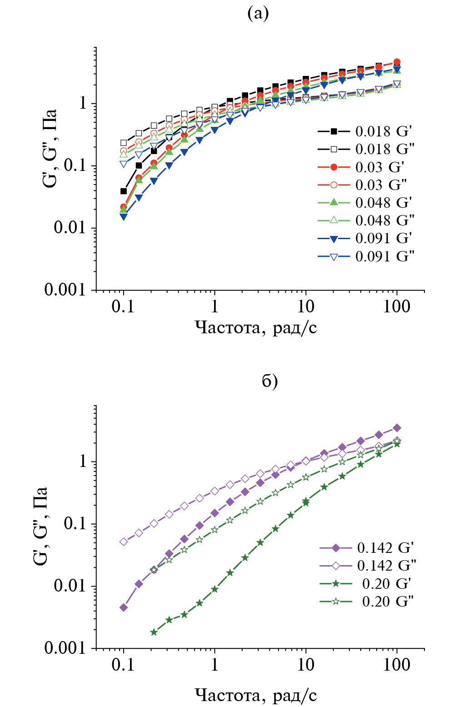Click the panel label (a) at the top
258,14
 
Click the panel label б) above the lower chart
269,381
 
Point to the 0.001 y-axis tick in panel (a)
65,290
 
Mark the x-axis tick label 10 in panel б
305,665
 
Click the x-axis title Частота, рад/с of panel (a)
256,327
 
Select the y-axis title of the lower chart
40,526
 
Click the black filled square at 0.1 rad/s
124,191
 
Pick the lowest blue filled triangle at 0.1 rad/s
124,217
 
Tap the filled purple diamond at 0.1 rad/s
124,607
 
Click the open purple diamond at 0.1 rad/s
124,542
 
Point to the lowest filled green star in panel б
154,632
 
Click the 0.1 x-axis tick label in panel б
123,665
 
